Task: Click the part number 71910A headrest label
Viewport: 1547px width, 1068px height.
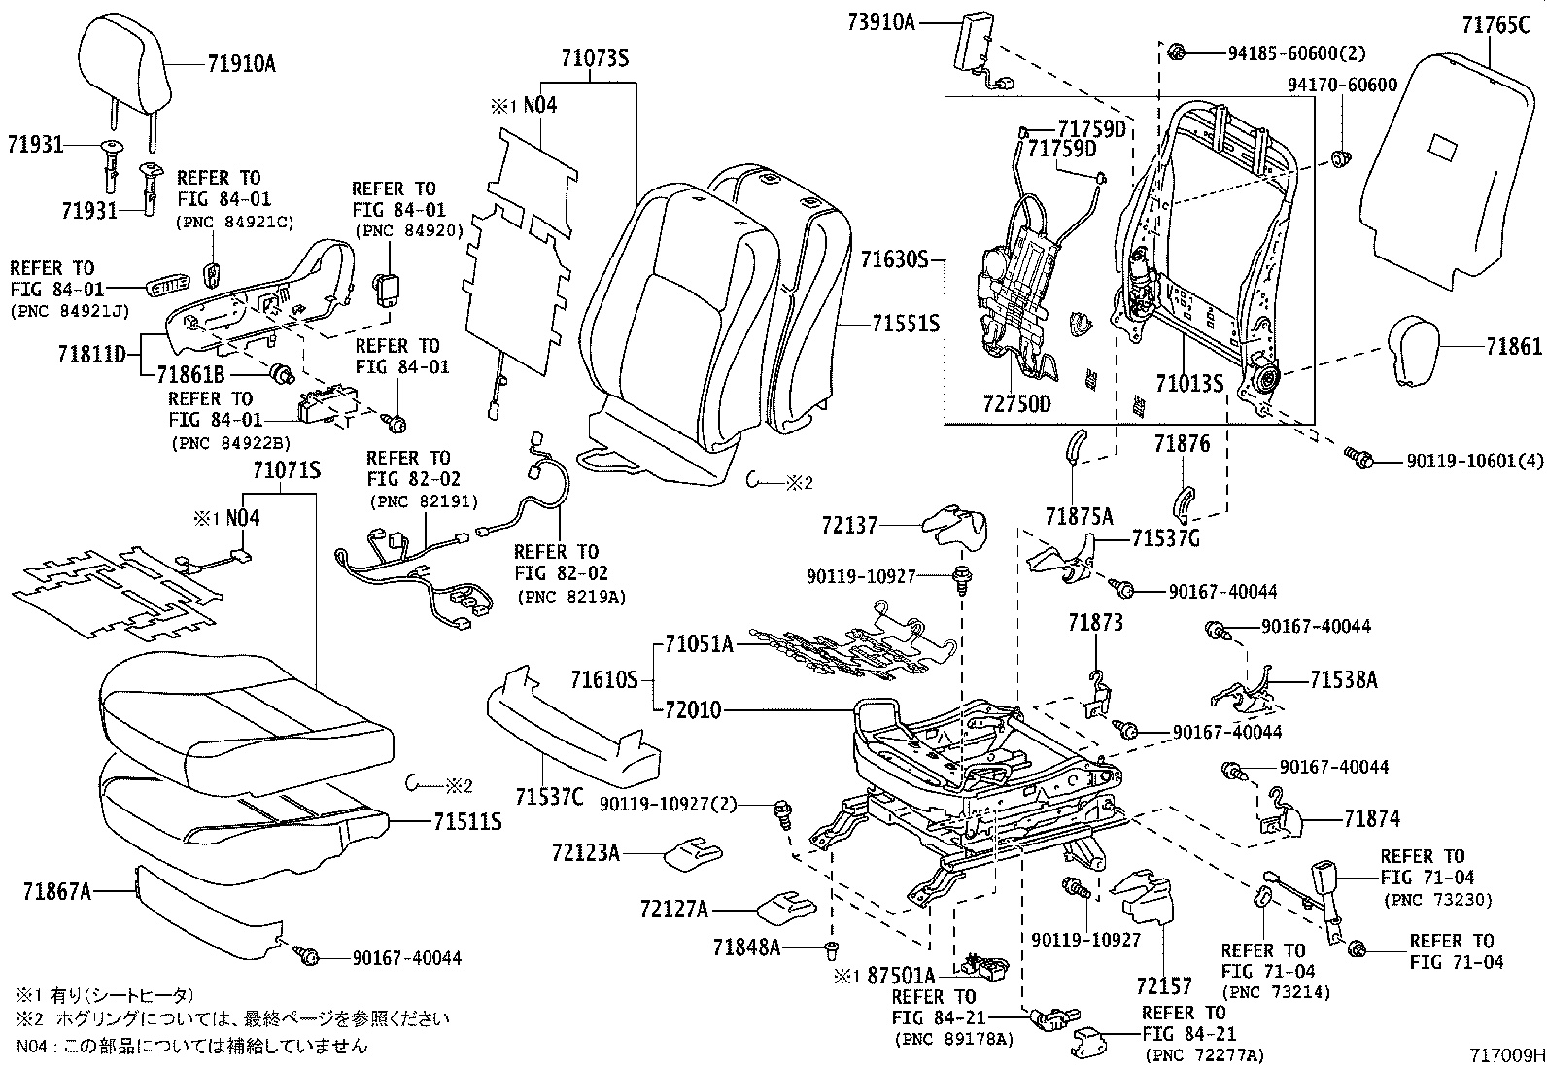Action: coord(241,64)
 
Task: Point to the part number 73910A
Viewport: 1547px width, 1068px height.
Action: coord(882,20)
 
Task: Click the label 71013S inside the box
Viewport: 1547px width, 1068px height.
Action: coord(1189,383)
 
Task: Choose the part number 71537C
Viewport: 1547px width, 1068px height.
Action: coord(550,798)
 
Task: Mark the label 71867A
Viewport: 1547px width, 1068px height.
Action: coord(57,890)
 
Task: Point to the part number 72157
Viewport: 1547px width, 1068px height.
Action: coord(1164,986)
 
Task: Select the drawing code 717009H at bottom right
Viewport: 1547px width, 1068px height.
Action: coord(1506,1055)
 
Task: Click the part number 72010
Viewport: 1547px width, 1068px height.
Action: coord(693,710)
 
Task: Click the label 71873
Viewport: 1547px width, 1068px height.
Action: coord(1095,622)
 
